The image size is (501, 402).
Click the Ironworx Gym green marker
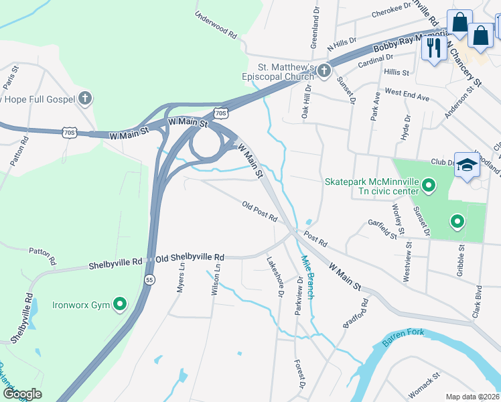pos(120,305)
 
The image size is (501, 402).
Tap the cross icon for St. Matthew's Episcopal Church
pos(324,71)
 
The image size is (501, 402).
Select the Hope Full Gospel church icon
pos(84,99)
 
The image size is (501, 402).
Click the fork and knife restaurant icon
pos(434,48)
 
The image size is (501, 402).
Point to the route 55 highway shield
pos(149,279)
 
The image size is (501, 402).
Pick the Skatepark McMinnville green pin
pos(430,184)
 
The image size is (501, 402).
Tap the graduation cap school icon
pos(466,164)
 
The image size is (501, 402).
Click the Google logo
pos(21,393)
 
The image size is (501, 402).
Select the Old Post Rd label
pos(260,212)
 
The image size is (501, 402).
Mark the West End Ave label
pos(407,94)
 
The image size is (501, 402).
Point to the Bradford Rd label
pos(356,313)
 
